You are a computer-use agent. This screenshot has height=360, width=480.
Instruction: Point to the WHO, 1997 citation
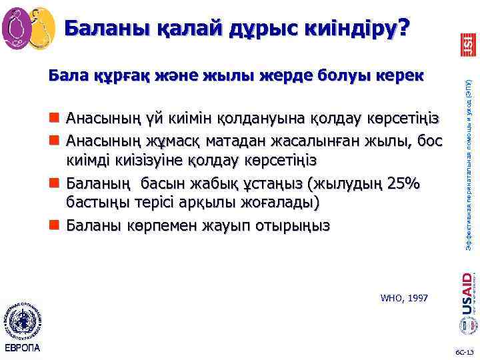[x=404, y=297]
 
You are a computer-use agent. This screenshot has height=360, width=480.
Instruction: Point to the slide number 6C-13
[x=464, y=351]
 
